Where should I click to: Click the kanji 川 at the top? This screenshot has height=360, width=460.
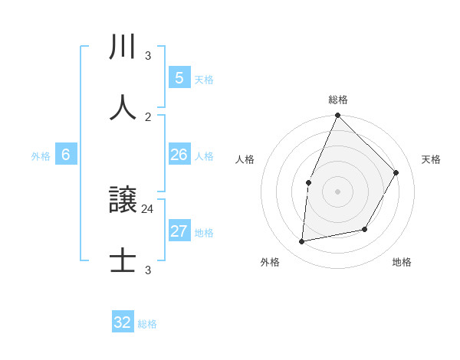click(x=123, y=47)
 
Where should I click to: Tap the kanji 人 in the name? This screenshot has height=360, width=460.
click(x=123, y=108)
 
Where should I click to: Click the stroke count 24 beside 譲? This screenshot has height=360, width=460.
click(x=148, y=208)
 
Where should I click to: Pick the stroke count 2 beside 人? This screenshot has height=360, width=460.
click(x=148, y=116)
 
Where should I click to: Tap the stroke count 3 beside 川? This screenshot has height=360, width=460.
click(x=148, y=56)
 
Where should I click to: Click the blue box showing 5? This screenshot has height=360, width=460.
click(x=179, y=77)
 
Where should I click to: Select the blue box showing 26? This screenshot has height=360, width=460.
click(x=179, y=154)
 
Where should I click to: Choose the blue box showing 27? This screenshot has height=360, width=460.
click(x=179, y=231)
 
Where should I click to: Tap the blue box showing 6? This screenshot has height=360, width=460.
click(x=65, y=155)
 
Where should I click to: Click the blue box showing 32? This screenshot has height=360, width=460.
click(x=123, y=322)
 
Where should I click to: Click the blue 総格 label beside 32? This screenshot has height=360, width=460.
click(x=147, y=324)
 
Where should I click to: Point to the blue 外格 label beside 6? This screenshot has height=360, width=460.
click(x=41, y=156)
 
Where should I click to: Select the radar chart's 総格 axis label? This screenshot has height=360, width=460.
click(x=338, y=100)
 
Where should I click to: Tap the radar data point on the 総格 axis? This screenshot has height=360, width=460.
click(x=337, y=116)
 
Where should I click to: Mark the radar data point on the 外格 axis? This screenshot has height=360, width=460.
click(x=302, y=242)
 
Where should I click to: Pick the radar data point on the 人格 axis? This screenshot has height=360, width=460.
click(x=308, y=182)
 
